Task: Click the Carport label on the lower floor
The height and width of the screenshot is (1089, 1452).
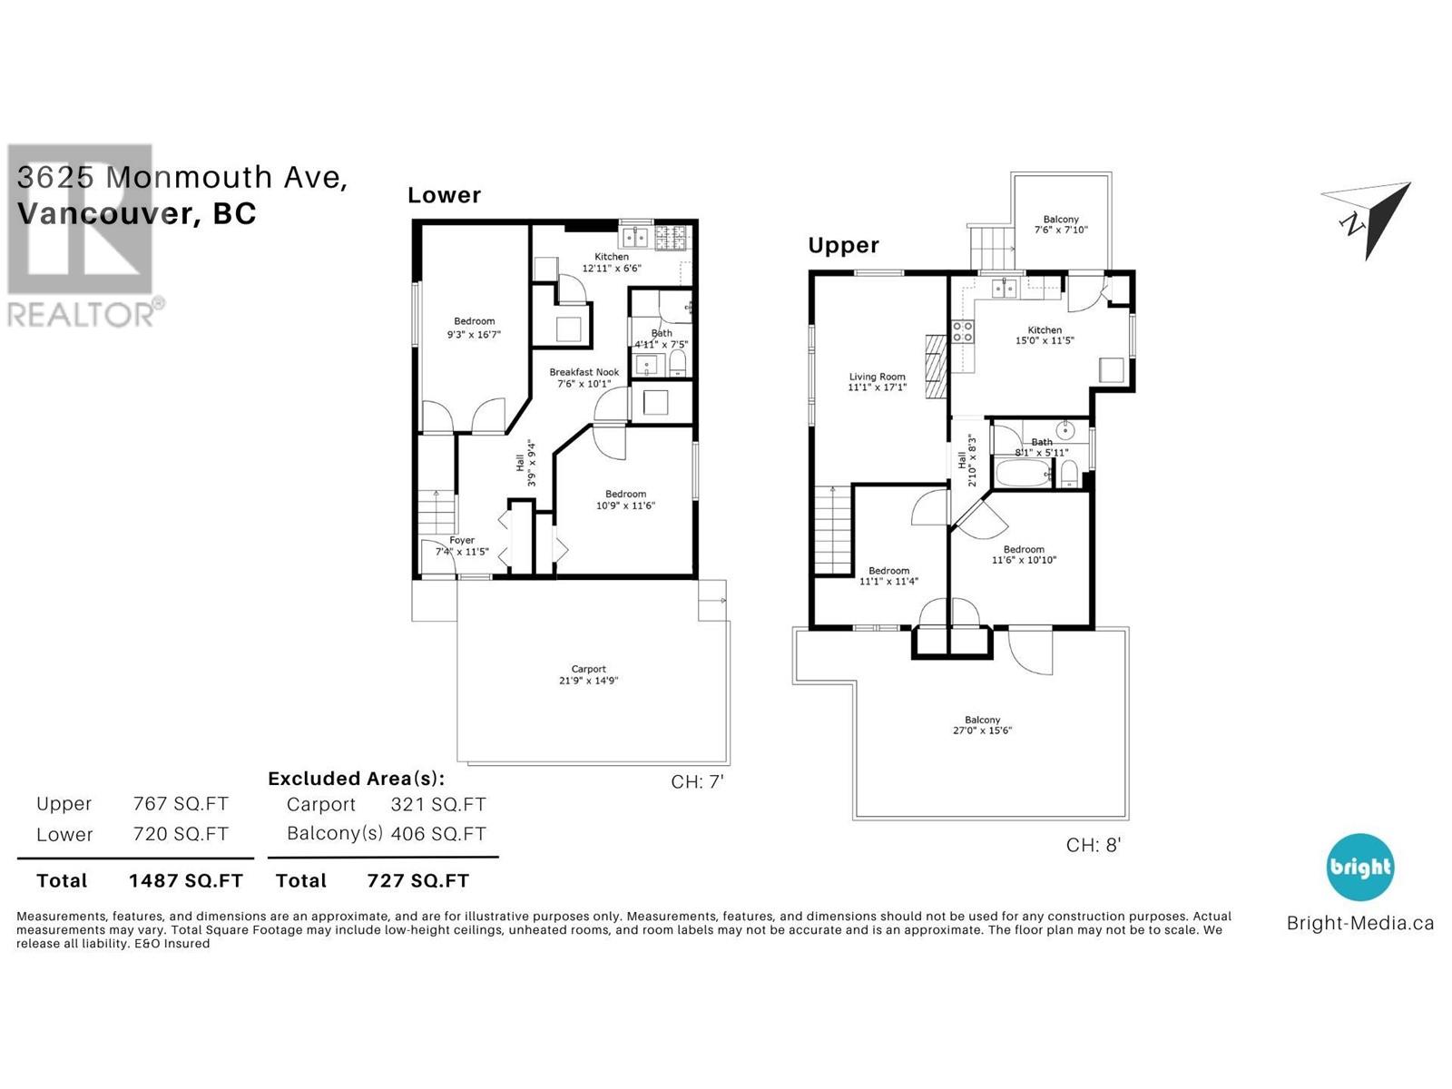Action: (588, 669)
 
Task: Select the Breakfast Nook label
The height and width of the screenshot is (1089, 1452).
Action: (584, 372)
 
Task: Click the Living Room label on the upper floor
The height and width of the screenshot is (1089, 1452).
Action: (877, 377)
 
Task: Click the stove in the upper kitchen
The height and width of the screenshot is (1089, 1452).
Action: (962, 332)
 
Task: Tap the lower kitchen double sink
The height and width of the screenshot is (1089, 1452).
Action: (634, 238)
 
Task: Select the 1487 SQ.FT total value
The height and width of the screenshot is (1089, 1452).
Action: (185, 880)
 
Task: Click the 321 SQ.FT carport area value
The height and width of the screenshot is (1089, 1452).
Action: (438, 804)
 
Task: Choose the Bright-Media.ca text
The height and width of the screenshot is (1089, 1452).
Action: (1359, 923)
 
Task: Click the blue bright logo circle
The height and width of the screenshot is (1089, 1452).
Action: (1359, 867)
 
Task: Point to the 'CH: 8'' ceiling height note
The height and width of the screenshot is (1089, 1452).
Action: (1093, 845)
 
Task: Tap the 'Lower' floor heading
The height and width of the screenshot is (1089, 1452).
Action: (444, 195)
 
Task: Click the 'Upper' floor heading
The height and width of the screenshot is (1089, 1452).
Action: (843, 245)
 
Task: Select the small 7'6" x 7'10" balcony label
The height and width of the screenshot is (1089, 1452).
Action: (1060, 230)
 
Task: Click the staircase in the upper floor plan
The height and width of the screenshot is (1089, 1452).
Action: (832, 530)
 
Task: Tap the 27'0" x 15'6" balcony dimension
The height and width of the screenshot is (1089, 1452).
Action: (982, 731)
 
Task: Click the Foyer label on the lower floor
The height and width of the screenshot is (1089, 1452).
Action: (462, 540)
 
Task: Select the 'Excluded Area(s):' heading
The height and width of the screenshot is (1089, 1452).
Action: (356, 779)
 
